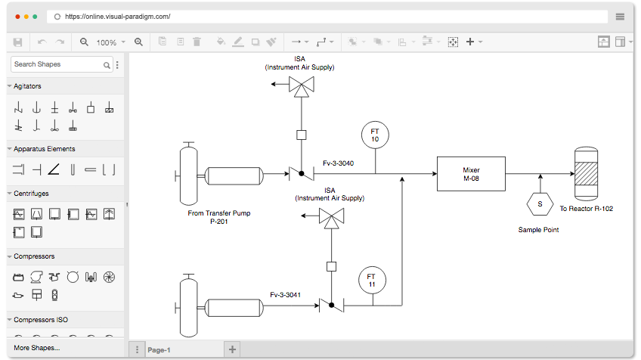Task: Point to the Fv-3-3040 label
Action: [338, 163]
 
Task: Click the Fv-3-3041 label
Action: [285, 294]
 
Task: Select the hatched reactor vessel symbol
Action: [587, 174]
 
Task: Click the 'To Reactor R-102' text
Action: [587, 209]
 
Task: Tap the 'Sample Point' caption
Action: [538, 230]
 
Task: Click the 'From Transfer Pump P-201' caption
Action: [219, 217]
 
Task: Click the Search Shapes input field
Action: [57, 64]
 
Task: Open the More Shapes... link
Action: [37, 348]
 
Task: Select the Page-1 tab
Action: [159, 350]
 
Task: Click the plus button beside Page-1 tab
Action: [232, 349]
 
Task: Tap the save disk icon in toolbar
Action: [17, 42]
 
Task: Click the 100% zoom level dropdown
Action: [110, 42]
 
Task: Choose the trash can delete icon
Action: [197, 42]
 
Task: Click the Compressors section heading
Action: [34, 256]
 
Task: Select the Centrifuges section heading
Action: [31, 194]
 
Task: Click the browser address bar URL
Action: [118, 17]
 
